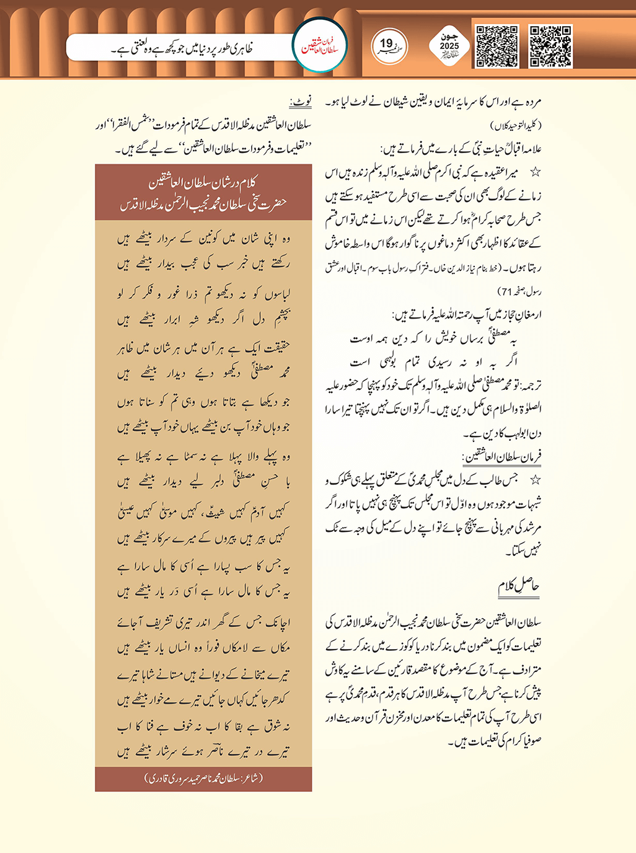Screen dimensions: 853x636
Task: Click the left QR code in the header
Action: [497, 46]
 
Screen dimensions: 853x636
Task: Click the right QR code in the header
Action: [550, 46]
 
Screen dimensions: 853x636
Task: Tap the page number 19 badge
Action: [389, 45]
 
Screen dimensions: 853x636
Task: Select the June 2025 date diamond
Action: [449, 46]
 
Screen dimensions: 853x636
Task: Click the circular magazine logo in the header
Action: [319, 45]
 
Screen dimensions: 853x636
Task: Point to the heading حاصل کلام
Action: [519, 586]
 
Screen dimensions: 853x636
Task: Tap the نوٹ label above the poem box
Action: [301, 100]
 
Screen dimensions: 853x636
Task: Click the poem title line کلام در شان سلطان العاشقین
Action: [203, 182]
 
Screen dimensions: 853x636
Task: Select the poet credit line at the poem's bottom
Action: [203, 779]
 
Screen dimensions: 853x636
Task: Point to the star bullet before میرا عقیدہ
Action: [535, 172]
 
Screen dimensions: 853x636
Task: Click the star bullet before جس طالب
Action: [535, 480]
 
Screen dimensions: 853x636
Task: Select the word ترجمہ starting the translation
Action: [529, 386]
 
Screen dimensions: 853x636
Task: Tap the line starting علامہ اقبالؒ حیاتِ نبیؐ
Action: [461, 149]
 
